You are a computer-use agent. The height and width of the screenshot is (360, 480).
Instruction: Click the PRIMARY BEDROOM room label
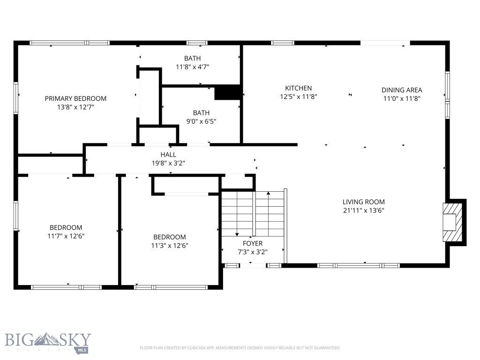[x=75, y=98]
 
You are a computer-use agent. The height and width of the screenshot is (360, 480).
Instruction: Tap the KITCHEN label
[x=299, y=88]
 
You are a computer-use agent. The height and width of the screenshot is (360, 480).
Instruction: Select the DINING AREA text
[x=402, y=90]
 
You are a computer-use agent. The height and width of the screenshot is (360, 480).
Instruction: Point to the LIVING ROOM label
[x=363, y=202]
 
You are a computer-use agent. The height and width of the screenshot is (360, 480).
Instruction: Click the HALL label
[x=168, y=154]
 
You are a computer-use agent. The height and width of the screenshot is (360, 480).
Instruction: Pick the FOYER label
[x=253, y=243]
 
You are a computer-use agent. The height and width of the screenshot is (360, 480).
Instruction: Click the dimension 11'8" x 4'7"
[x=192, y=67]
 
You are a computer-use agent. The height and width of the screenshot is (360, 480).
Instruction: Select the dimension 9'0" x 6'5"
[x=201, y=121]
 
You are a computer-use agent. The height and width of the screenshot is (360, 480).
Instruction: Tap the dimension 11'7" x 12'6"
[x=66, y=236]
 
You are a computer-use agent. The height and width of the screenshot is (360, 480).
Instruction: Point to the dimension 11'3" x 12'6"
[x=170, y=246]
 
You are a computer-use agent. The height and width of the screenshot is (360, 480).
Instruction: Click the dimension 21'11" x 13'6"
[x=363, y=210]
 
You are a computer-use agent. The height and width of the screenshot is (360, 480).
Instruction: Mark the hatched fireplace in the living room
[x=453, y=222]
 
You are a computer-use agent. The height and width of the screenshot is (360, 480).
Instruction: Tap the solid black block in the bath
[x=227, y=93]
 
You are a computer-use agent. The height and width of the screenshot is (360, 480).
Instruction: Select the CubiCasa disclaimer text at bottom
[x=240, y=348]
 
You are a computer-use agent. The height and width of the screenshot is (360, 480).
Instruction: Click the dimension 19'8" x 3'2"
[x=168, y=163]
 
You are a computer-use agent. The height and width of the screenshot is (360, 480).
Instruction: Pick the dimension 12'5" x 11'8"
[x=299, y=97]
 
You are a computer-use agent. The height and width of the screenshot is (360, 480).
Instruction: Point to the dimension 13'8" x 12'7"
[x=75, y=107]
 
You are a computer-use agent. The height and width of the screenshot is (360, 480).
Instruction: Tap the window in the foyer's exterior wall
[x=253, y=265]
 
